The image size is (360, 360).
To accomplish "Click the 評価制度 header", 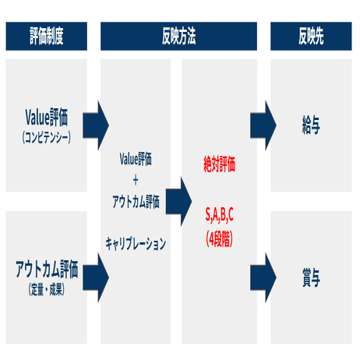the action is pos(47,36).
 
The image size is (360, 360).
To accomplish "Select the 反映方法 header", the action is pos(178,36).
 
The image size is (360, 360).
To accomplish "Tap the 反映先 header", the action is pos(311,36).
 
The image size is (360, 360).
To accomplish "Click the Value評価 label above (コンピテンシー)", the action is pos(47,118).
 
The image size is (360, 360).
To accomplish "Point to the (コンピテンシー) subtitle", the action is pos(47,137).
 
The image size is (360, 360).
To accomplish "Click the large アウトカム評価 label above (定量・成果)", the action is pos(47,270).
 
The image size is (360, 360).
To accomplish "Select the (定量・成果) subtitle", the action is pos(47,289).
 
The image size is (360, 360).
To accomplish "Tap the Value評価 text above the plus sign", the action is pos(136,159).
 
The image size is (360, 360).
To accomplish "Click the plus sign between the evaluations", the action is pos(136,180).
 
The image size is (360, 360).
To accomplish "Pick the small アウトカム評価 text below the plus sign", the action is pos(136,202).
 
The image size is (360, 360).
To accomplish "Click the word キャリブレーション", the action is pos(136,244).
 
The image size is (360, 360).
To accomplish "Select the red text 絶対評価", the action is pos(220,164).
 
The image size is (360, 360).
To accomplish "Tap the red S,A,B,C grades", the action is pos(220,215).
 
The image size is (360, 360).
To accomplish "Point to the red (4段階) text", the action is pos(220,239).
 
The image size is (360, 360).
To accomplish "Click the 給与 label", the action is pos(311,125).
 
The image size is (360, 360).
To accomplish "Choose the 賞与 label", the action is pos(311,277).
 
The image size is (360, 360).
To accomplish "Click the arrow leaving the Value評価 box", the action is pos(96,125).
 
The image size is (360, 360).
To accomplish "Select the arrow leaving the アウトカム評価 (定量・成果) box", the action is pos(96,277).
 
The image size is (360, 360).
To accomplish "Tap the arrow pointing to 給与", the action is pos(263,125).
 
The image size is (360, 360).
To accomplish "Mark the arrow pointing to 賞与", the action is pos(263,277).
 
